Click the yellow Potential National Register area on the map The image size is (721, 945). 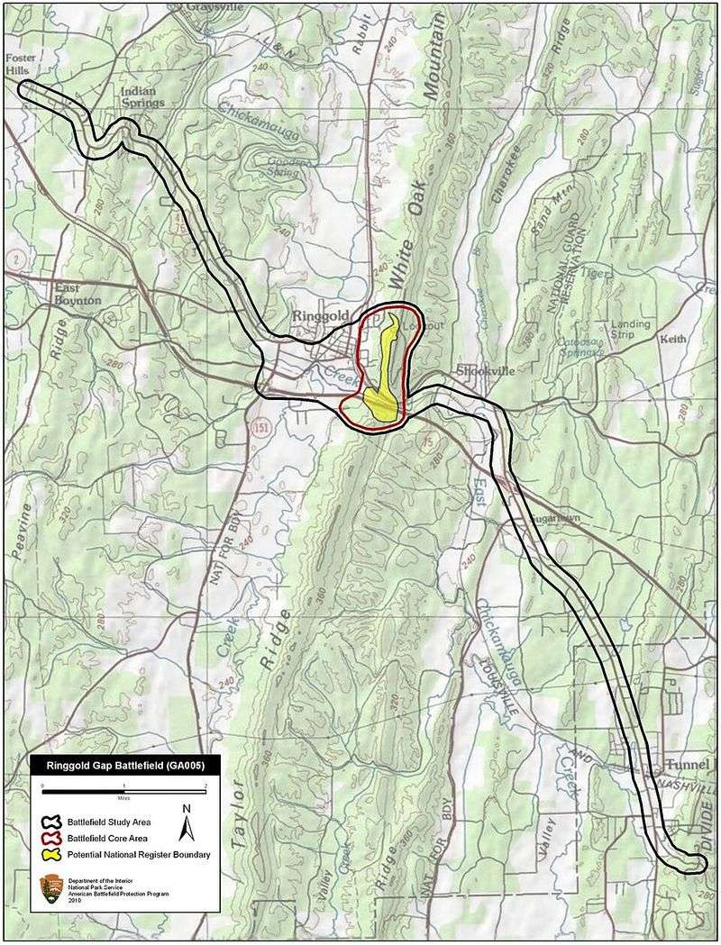click(382, 378)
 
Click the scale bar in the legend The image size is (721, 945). click(124, 789)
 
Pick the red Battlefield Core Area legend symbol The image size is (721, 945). click(54, 837)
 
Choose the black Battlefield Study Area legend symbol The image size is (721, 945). click(54, 822)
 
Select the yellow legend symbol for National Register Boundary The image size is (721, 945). click(54, 853)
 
